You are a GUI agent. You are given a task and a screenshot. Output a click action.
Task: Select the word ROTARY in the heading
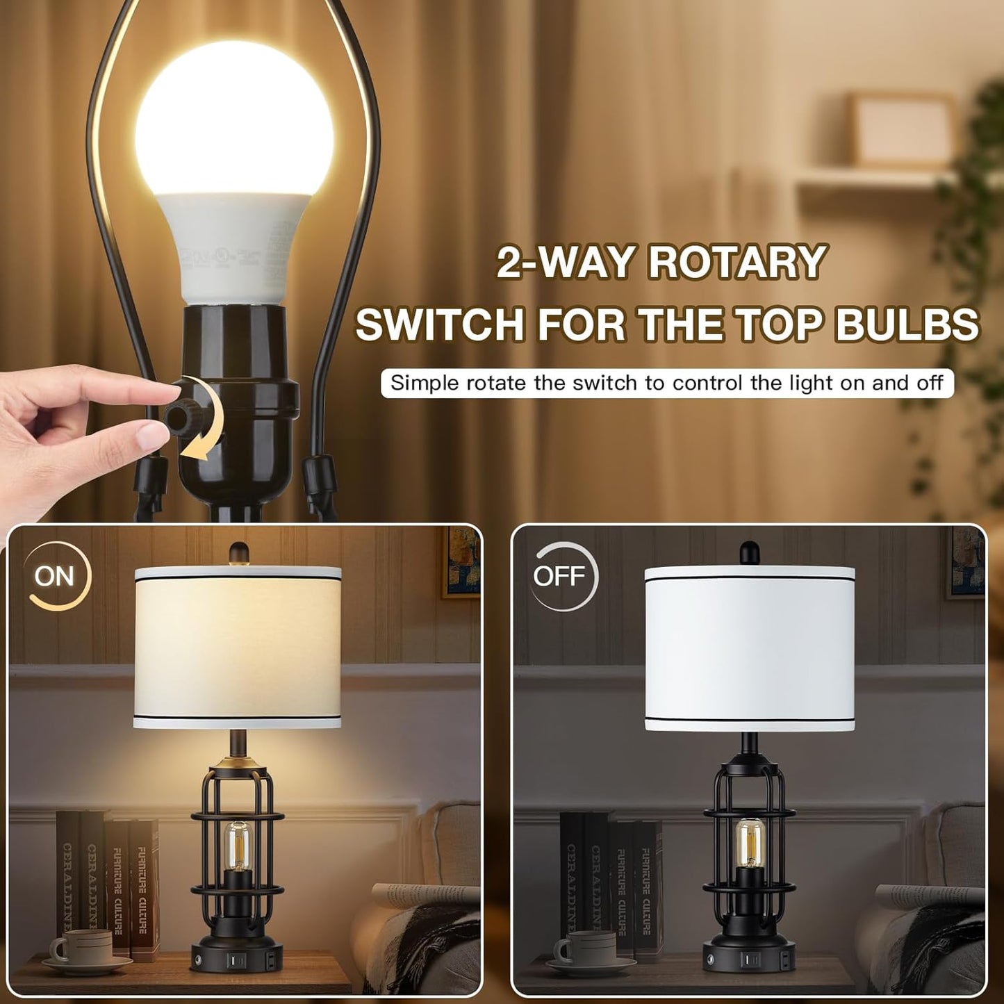coord(737,263)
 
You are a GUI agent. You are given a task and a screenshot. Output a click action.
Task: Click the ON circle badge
coord(55,576)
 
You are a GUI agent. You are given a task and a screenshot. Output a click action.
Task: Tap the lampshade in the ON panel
coord(238,646)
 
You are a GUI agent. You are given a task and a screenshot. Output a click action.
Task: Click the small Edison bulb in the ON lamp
coord(237,844)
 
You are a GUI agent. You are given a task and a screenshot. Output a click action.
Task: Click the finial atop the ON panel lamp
coord(238,553)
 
